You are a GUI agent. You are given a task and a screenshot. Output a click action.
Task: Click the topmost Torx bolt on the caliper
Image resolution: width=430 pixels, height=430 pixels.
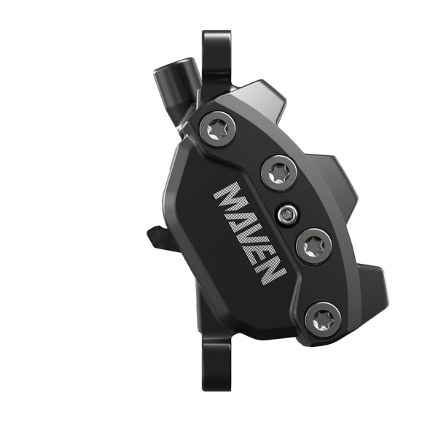218,130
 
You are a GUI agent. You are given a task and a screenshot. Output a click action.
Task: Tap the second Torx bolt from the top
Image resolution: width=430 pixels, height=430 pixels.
276,173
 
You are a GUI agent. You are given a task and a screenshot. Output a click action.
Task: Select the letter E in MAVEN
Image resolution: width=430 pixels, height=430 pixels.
263,251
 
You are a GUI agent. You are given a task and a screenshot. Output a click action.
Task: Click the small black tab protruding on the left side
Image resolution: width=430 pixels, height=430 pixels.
159,238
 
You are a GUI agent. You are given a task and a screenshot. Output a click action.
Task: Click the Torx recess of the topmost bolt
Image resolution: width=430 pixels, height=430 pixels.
218,130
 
